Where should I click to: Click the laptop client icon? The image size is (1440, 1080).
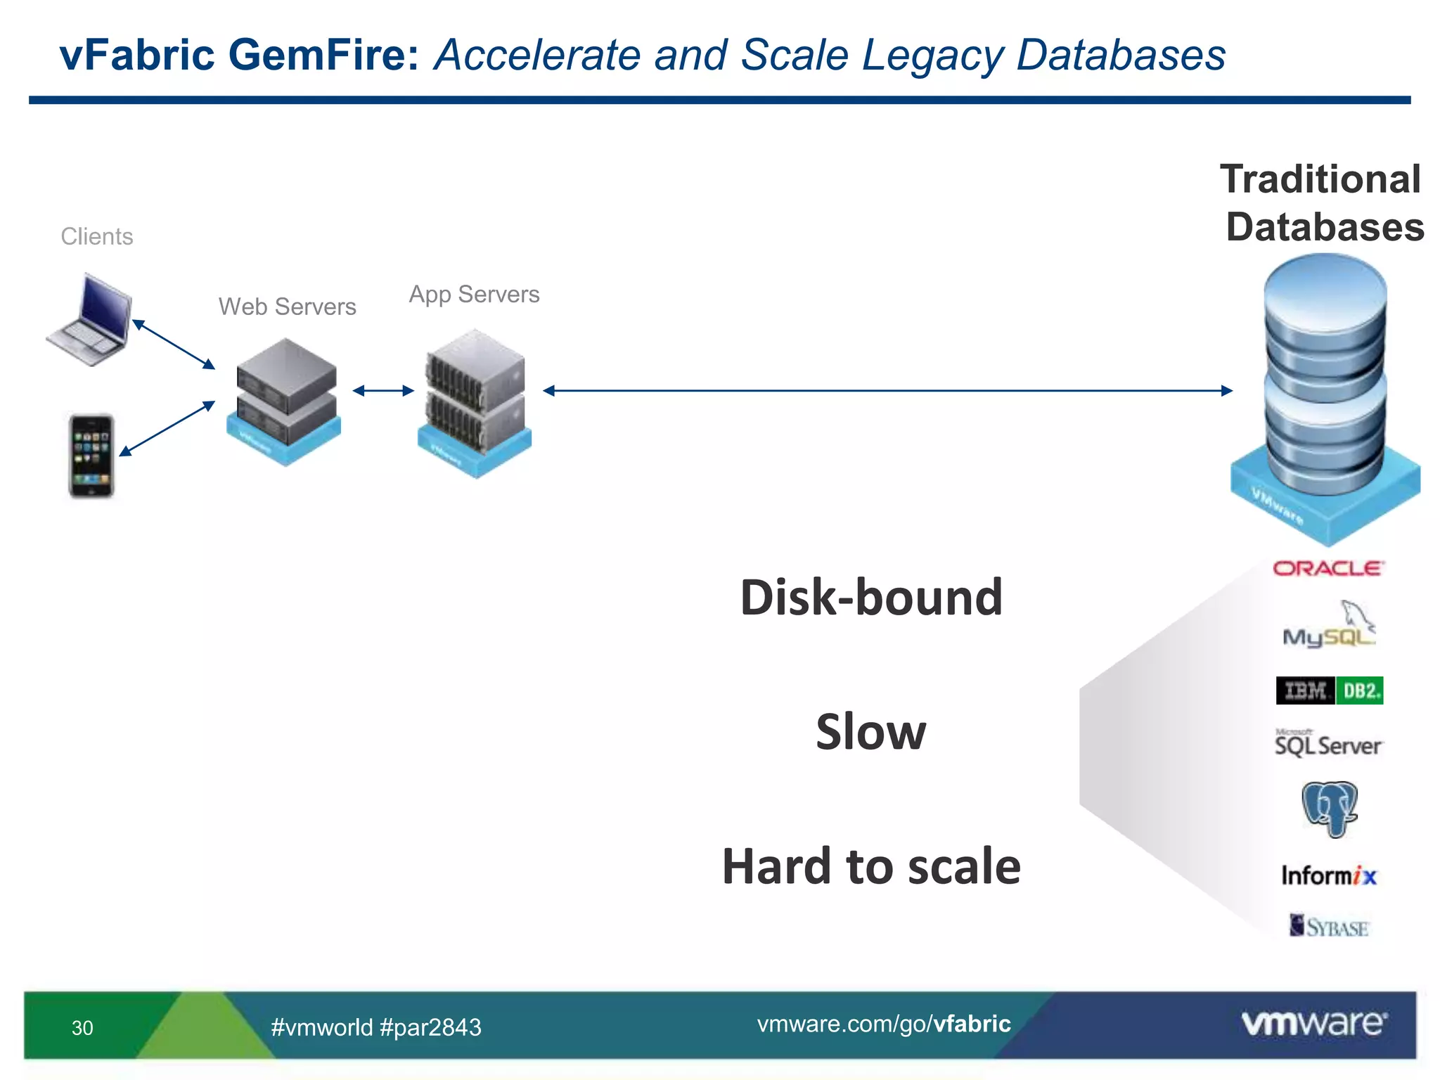click(x=90, y=321)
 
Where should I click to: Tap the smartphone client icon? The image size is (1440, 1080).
click(x=91, y=456)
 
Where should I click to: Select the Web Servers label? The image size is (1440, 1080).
click(x=287, y=307)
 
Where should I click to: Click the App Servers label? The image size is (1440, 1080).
click(x=474, y=294)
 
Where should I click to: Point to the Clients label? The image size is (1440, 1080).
click(x=97, y=236)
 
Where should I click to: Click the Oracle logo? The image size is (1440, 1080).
click(x=1327, y=568)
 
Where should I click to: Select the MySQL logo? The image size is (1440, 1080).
click(x=1328, y=626)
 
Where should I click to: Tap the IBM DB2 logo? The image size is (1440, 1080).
click(x=1329, y=690)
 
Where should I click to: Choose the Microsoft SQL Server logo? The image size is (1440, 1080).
click(x=1327, y=744)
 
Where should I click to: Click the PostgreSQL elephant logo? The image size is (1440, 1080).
click(x=1328, y=809)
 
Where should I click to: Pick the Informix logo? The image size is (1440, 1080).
click(x=1328, y=875)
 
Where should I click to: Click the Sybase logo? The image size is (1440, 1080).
click(x=1328, y=927)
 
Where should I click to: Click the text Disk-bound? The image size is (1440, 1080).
click(x=870, y=598)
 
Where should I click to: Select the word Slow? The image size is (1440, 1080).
click(x=870, y=731)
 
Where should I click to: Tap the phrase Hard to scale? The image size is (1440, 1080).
click(x=870, y=866)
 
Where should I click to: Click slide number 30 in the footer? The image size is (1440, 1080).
click(x=82, y=1028)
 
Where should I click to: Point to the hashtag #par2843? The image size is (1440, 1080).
click(x=430, y=1027)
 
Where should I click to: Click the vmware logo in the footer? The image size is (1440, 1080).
click(x=1313, y=1023)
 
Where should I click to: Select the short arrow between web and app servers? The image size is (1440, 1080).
click(x=382, y=391)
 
